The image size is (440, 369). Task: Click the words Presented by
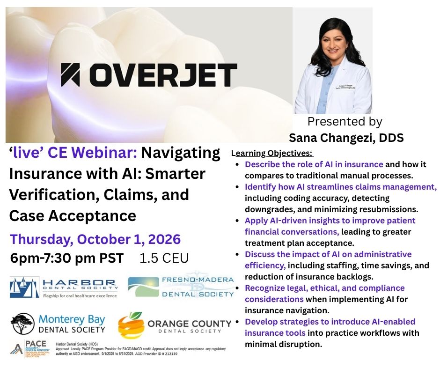(x=345, y=122)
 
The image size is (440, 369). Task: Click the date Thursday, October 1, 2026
(x=95, y=239)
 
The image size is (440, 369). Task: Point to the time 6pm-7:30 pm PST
(x=66, y=258)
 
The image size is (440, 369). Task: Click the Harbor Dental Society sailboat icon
(x=25, y=287)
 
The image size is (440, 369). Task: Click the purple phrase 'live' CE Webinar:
(x=73, y=153)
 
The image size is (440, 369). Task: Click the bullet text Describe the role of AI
(x=314, y=165)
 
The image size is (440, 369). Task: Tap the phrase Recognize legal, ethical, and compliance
(x=324, y=288)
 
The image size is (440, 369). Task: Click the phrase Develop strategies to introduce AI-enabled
(x=330, y=322)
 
